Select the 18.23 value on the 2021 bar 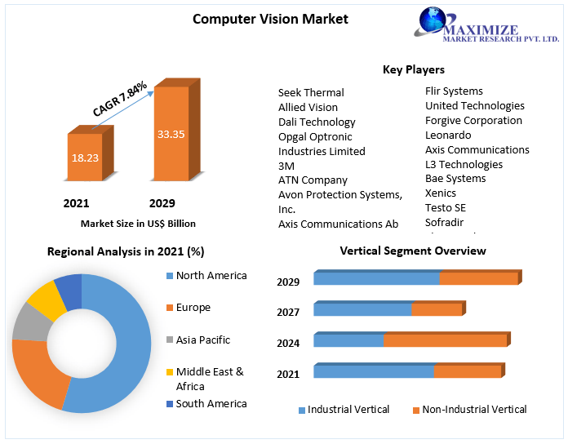coord(85,157)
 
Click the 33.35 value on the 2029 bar coord(171,134)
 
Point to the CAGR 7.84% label coord(120,99)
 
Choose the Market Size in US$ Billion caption coord(138,223)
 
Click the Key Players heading coord(413,69)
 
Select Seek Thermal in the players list coord(311,92)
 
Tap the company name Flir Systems coord(454,91)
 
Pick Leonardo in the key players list coord(448,135)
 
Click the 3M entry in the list coord(286,166)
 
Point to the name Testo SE coord(446,207)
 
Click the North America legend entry coord(211,276)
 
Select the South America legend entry coord(211,403)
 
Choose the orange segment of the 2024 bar coord(445,340)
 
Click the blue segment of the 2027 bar coord(362,309)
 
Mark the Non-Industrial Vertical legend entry coord(473,409)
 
